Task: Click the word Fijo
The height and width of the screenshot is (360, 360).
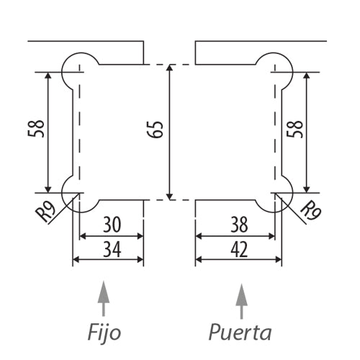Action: click(x=104, y=333)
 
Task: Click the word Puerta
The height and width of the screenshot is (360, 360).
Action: click(x=240, y=333)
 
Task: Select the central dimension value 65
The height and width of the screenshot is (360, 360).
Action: click(x=158, y=130)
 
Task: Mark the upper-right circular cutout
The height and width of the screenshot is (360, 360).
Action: click(x=276, y=70)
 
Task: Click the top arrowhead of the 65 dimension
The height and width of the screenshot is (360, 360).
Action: click(x=170, y=69)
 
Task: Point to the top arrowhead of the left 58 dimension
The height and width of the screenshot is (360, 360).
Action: click(x=48, y=76)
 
